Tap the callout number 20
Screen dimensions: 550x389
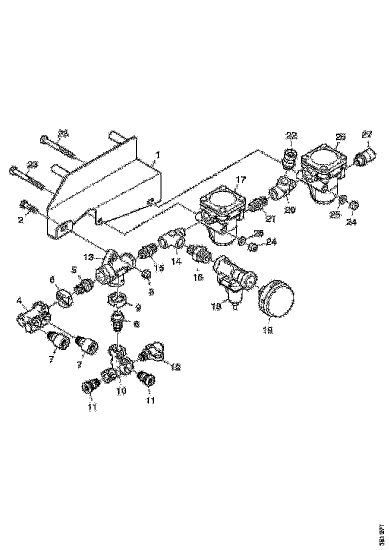(289, 209)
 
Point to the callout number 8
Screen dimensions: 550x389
(136, 323)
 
